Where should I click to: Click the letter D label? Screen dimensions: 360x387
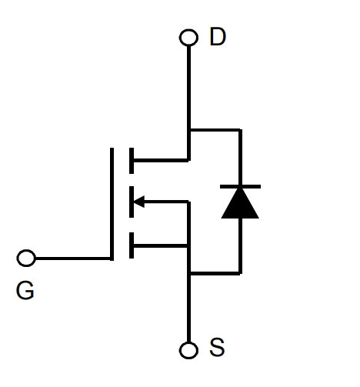point(218,37)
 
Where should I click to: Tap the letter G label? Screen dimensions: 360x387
point(25,290)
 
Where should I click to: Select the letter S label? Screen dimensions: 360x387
point(217,347)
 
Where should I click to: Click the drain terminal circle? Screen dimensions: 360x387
point(188,38)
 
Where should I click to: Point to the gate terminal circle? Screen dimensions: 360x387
point(26,258)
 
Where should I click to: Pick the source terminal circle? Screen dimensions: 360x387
point(188,350)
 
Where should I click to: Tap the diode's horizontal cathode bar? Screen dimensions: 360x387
point(240,186)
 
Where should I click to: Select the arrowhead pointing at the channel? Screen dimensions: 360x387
point(139,202)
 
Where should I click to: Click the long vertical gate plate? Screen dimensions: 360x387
point(112,204)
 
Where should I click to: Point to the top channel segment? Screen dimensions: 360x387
point(132,161)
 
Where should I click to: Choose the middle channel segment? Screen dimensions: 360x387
point(132,202)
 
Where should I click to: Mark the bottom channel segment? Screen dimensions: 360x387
point(132,245)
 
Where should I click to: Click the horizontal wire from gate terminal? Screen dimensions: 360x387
point(73,259)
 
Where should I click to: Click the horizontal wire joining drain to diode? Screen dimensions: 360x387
point(215,130)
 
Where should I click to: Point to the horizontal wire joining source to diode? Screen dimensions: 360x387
point(215,273)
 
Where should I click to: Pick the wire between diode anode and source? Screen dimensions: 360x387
point(240,245)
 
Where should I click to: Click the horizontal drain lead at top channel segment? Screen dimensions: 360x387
point(161,160)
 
